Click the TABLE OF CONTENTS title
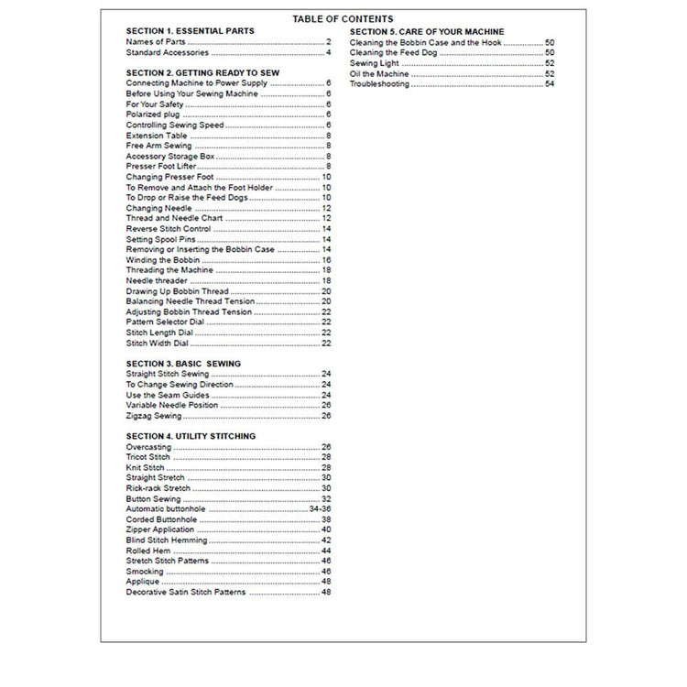343,19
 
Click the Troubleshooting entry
380,84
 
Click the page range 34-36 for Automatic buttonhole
320,508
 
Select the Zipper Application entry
160,529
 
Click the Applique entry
143,582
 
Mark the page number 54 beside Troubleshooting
550,84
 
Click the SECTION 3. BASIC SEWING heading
183,364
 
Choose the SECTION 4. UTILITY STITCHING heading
191,436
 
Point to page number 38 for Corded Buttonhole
326,519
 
